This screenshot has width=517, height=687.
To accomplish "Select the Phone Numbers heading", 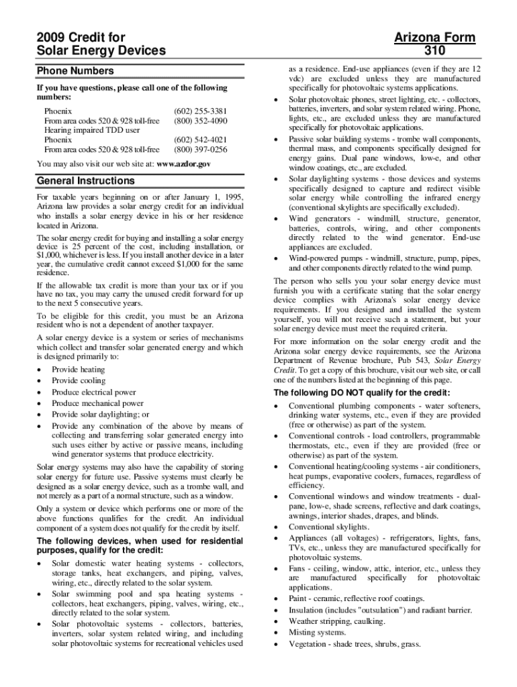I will (75, 70).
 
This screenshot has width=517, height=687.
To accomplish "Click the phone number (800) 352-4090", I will (200, 121).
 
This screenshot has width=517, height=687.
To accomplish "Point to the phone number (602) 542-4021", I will (200, 140).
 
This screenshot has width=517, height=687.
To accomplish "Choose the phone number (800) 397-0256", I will (200, 149).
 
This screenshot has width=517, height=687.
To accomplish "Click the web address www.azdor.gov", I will (183, 163).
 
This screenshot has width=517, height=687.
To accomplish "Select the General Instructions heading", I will (85, 180).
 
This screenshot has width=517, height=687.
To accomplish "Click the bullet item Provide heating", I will (78, 370).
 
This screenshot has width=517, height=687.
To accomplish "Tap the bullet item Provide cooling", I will (78, 381).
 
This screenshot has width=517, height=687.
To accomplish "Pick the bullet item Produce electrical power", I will (93, 392).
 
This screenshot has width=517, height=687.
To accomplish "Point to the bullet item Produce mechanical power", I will (97, 404).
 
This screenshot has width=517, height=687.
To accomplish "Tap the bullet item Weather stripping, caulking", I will (336, 621).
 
